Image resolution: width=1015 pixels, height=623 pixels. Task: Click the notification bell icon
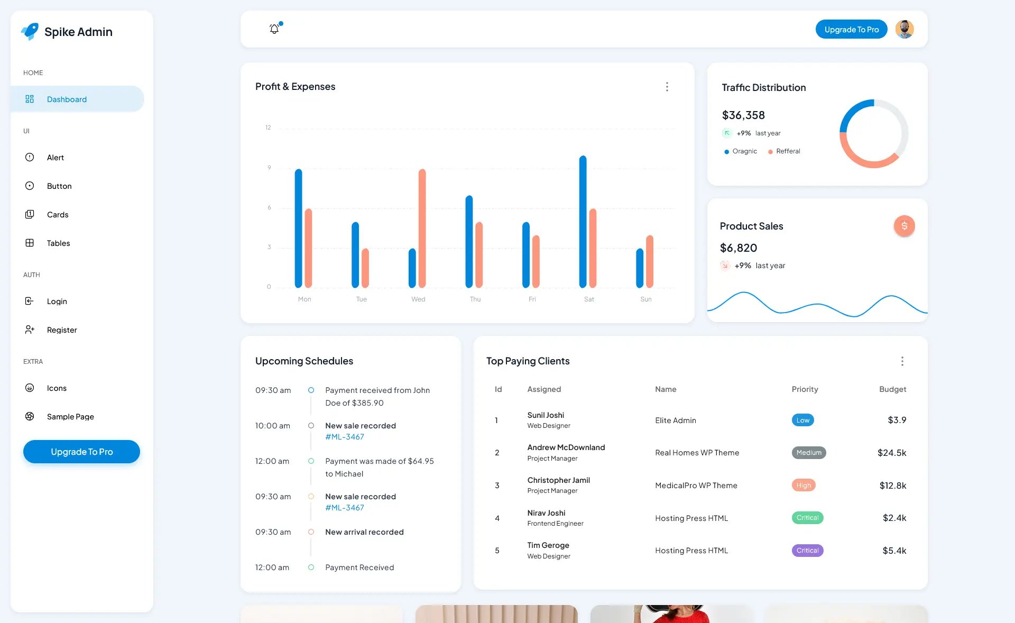click(274, 29)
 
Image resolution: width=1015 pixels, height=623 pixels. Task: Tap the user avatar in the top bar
click(904, 29)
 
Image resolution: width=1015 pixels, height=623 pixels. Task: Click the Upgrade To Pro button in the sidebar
click(81, 452)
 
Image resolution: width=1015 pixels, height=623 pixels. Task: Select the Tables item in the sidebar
click(58, 243)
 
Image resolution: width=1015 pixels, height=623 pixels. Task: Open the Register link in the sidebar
click(62, 330)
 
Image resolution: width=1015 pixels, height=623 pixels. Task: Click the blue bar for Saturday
click(583, 222)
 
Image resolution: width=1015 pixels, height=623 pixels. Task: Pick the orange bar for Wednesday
click(422, 228)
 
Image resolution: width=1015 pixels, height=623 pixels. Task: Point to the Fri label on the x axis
click(532, 299)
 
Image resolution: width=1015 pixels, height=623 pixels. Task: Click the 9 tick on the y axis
click(269, 168)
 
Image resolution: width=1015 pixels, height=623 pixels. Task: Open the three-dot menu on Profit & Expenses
click(667, 87)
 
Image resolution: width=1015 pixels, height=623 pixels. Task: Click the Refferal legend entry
click(788, 151)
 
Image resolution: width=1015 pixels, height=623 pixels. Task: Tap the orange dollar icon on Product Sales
click(904, 226)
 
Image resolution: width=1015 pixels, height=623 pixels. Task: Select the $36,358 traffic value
click(743, 115)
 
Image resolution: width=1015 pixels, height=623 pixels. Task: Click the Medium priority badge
click(808, 453)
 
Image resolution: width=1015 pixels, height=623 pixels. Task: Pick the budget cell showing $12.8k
click(892, 485)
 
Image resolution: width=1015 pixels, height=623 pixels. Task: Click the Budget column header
click(892, 389)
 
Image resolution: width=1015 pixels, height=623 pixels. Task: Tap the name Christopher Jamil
click(558, 480)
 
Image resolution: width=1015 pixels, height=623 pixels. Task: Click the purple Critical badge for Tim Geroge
click(807, 551)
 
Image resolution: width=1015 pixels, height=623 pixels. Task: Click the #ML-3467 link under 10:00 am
click(345, 437)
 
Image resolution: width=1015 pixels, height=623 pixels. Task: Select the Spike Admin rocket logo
click(30, 32)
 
